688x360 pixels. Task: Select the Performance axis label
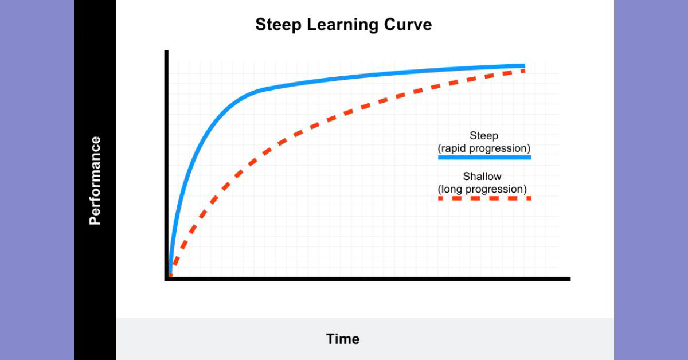tap(95, 181)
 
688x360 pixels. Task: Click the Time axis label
tap(343, 339)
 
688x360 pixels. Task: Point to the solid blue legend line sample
tap(484, 157)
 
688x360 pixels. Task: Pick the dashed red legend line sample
tap(484, 198)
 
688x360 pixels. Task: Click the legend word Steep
tap(484, 136)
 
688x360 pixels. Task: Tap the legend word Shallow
tap(483, 177)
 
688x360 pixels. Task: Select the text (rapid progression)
tap(484, 148)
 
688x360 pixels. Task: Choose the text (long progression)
tap(483, 189)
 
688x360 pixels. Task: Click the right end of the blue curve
tap(523, 65)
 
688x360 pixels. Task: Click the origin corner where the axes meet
tap(167, 279)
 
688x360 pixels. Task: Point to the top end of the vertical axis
tap(167, 52)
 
